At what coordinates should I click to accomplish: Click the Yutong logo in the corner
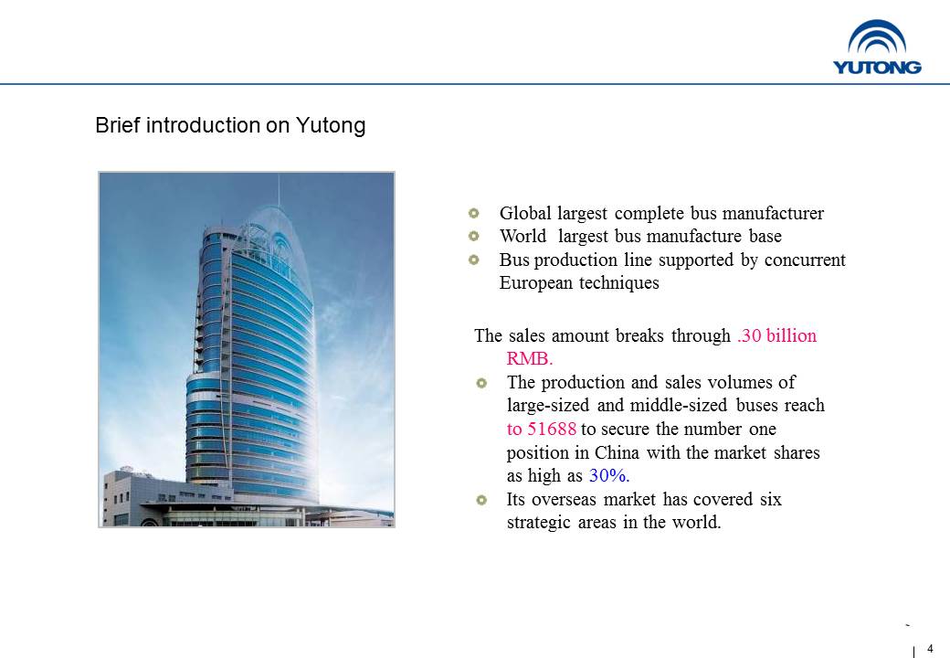point(877,48)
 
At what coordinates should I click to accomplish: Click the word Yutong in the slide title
point(331,125)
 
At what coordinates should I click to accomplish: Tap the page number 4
point(930,649)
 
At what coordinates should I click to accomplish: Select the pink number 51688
point(552,429)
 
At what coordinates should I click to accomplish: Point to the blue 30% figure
point(609,475)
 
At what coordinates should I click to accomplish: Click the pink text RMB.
point(530,358)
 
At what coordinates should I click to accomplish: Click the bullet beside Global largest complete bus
point(474,213)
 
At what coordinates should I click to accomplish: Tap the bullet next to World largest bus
point(474,237)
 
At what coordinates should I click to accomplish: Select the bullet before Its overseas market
point(481,500)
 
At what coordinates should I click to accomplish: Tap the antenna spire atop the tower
point(279,190)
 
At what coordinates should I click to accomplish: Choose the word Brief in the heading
point(118,125)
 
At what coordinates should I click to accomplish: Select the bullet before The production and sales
point(481,383)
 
